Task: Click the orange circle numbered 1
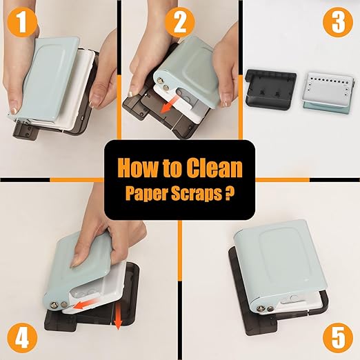[x=22, y=22]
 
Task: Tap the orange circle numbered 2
[x=180, y=22]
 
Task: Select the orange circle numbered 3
[x=338, y=22]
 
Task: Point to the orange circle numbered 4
[x=22, y=338]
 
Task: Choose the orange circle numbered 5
[x=338, y=338]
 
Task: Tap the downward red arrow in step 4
[x=118, y=317]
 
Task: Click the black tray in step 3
[x=270, y=90]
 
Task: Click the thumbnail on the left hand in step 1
[x=14, y=111]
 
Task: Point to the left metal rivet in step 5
[x=261, y=308]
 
